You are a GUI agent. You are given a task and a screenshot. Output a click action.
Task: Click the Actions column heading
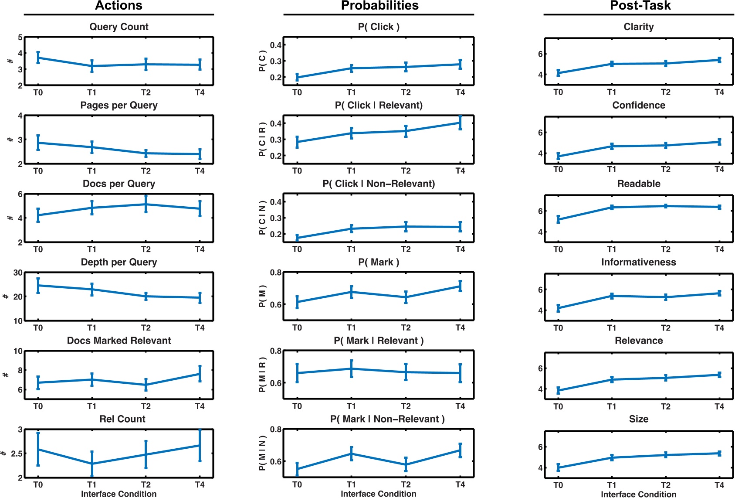tap(119, 6)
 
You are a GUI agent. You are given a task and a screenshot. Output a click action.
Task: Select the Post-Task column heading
tap(640, 6)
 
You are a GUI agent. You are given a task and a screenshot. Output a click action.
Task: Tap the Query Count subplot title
tap(119, 27)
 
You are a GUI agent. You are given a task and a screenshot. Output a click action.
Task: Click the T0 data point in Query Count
tap(38, 58)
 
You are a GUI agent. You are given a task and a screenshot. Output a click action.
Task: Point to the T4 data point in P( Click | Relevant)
tap(460, 123)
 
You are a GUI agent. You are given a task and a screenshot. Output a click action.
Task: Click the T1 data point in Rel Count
tap(92, 464)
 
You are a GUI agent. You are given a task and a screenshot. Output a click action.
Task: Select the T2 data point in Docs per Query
tap(146, 204)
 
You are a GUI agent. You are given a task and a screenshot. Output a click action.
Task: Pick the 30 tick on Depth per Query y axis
tap(18, 273)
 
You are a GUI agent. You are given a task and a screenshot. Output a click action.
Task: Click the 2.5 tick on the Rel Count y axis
tap(17, 454)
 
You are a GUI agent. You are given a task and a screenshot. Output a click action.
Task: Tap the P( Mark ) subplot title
tap(379, 262)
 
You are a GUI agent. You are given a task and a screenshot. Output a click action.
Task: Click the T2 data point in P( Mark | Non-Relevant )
tap(406, 465)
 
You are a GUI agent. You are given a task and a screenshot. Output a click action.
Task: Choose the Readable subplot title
tap(638, 184)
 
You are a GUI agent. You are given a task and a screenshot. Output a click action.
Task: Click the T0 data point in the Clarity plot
tap(558, 73)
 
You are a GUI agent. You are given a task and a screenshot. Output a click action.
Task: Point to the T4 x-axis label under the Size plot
tap(719, 485)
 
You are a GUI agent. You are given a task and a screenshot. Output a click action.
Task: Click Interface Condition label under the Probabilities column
tap(378, 494)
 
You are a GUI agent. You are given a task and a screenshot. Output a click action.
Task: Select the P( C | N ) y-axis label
tap(262, 218)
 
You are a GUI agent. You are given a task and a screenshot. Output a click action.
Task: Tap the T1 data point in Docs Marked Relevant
tap(92, 379)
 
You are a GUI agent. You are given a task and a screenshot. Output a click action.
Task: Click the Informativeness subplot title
tap(638, 262)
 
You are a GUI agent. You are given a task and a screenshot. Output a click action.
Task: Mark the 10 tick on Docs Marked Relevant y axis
tap(18, 351)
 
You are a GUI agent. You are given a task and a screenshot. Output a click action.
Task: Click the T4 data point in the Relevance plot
tap(719, 375)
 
